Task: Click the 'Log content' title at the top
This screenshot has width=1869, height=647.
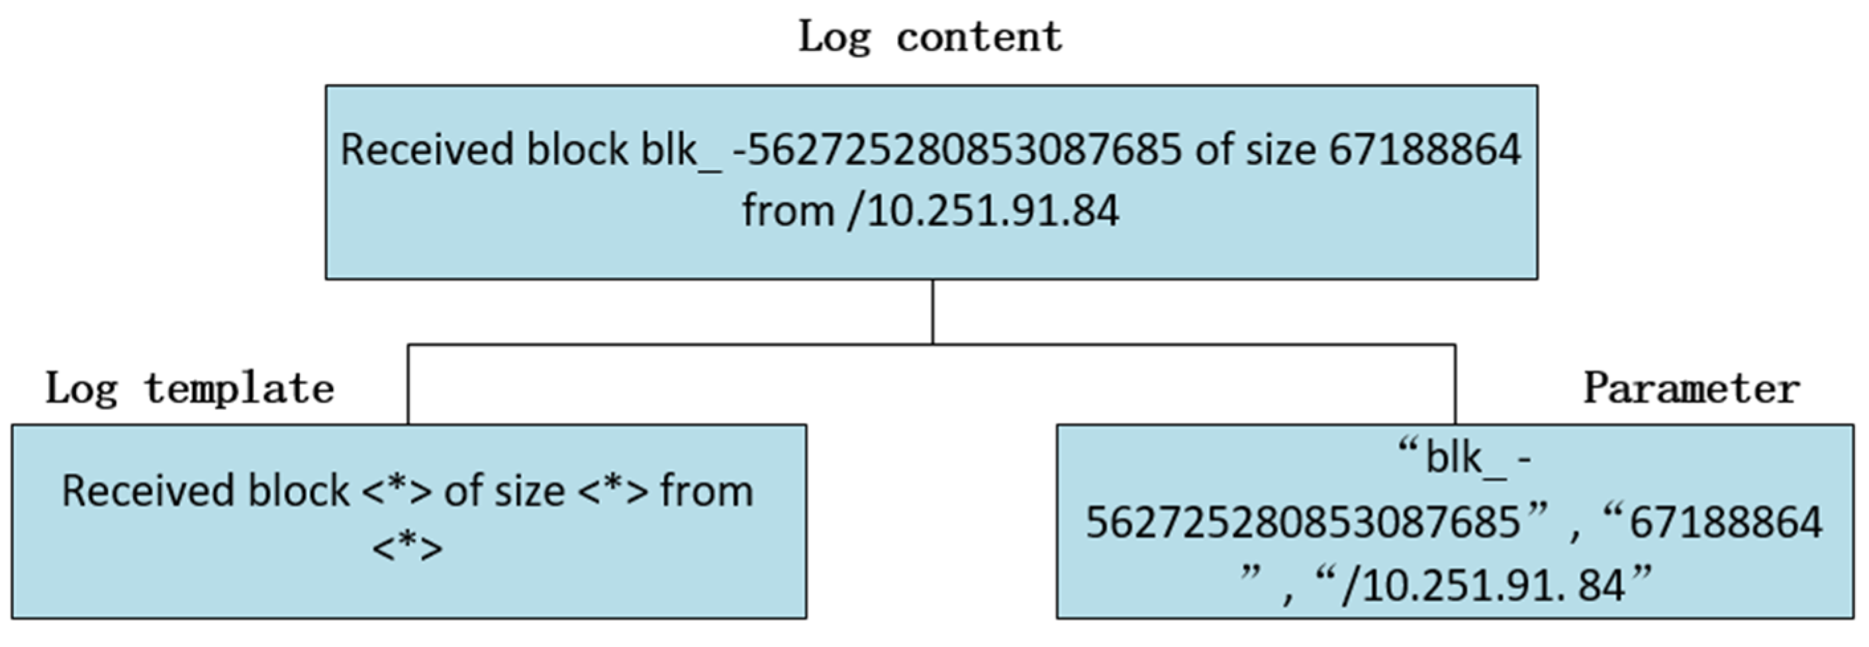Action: click(930, 36)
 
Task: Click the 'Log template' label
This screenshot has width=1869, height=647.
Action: click(190, 389)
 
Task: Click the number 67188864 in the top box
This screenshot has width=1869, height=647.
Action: click(1424, 150)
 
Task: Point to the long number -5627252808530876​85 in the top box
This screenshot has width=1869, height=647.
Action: click(956, 150)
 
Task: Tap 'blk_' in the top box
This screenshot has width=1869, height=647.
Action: click(680, 150)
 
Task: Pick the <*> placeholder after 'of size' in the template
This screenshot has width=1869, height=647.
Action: click(612, 492)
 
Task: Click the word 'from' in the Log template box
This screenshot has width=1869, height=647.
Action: click(706, 492)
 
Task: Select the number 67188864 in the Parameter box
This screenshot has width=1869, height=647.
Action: click(1725, 522)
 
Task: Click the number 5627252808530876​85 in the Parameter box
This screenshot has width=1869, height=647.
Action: click(1302, 522)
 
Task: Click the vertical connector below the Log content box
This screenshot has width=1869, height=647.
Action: click(932, 312)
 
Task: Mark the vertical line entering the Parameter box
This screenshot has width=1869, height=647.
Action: click(1455, 384)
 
